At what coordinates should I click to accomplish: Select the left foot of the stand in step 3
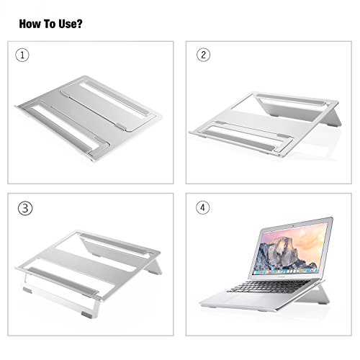click(x=27, y=291)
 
